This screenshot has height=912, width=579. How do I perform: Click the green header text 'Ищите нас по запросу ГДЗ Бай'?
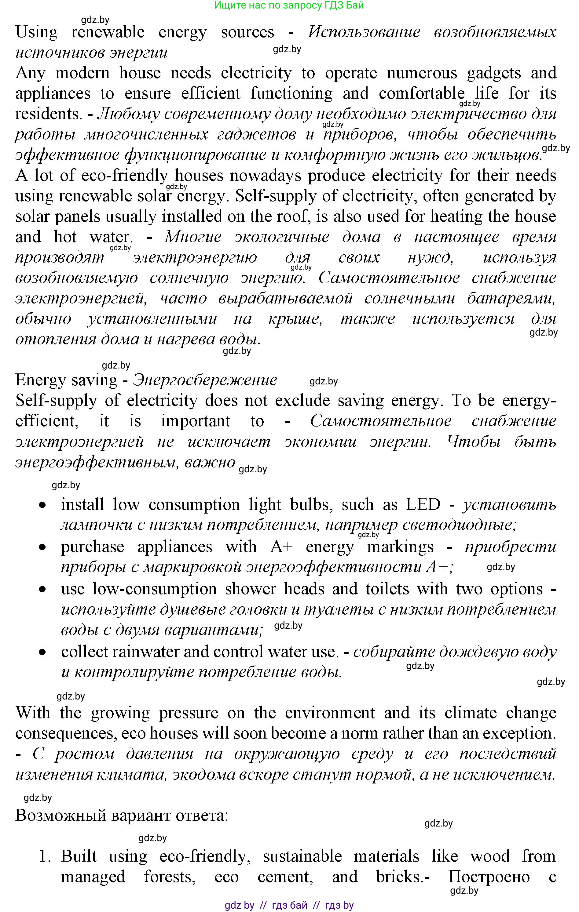click(x=289, y=5)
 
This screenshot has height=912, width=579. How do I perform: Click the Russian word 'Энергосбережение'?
click(x=205, y=380)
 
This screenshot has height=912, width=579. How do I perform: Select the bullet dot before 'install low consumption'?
click(x=44, y=505)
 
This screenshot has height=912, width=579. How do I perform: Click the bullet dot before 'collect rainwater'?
click(x=44, y=652)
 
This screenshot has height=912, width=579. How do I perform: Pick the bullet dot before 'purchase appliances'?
click(x=44, y=547)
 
